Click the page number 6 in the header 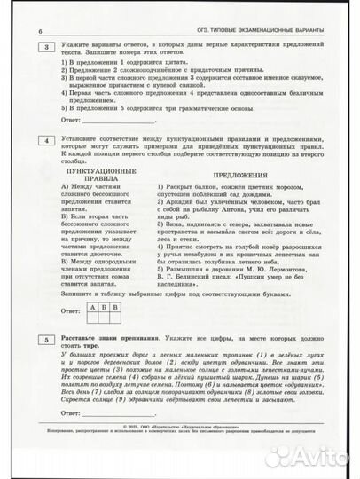[42, 33]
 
